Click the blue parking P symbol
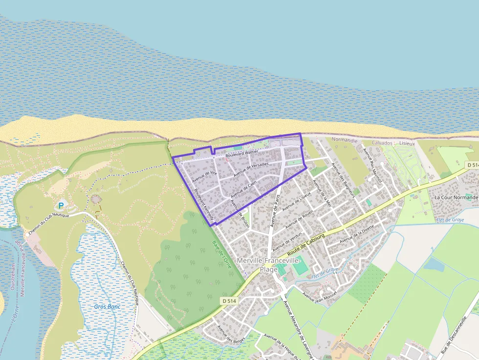[x=61, y=206]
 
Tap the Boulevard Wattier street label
[x=241, y=152]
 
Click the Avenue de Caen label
[x=243, y=189]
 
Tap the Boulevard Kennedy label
[x=203, y=207]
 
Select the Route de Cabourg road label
[x=306, y=244]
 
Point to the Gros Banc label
[x=107, y=307]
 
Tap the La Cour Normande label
[x=456, y=197]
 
